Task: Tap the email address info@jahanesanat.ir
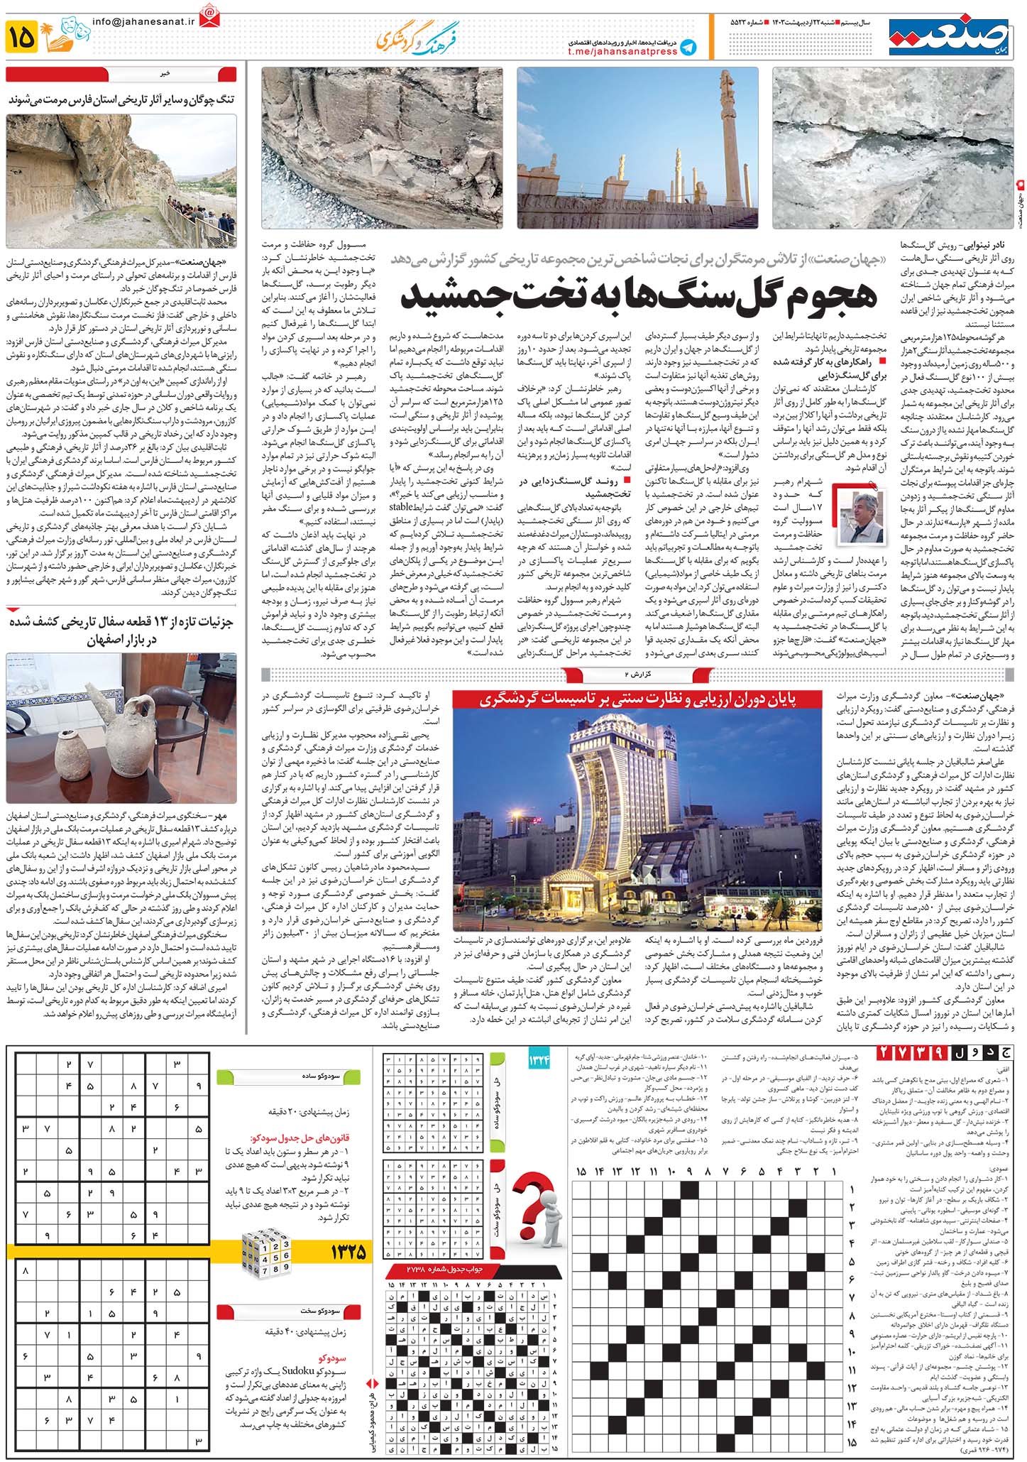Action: tap(143, 21)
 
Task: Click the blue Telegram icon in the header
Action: tap(687, 47)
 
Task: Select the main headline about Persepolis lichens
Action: tap(639, 296)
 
